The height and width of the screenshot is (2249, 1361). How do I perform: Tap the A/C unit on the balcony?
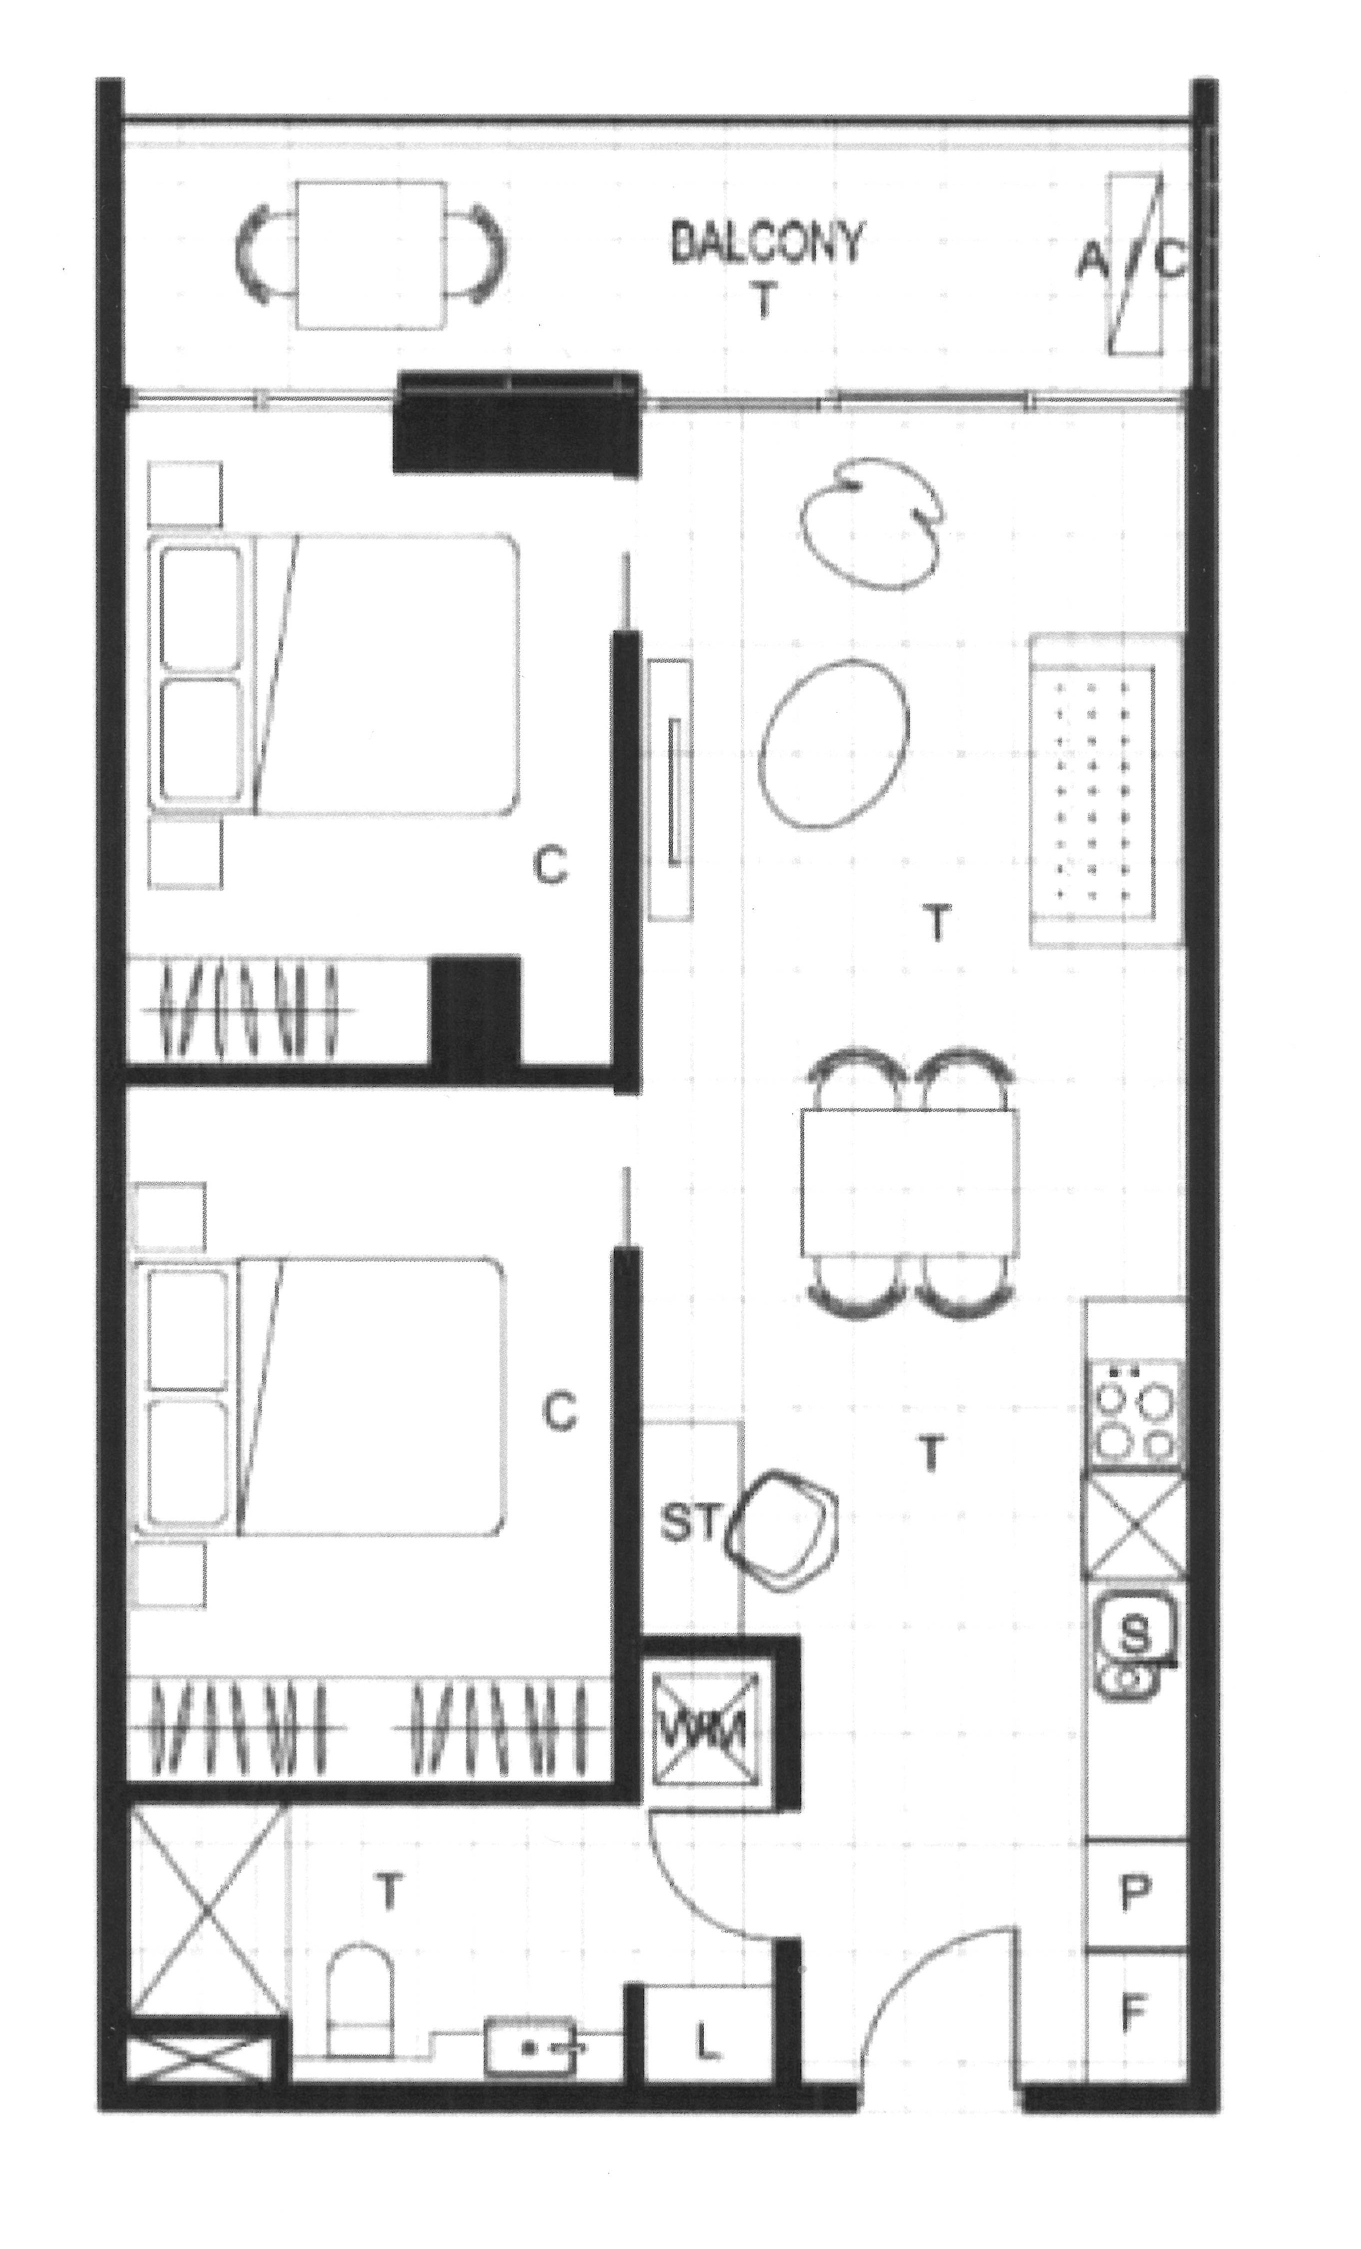point(1134,263)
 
